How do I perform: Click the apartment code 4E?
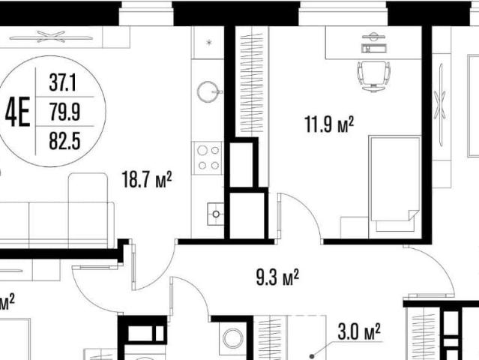[x=18, y=112]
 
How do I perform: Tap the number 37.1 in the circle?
[x=63, y=82]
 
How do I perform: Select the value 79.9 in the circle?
[x=65, y=112]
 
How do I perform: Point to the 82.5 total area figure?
[x=64, y=141]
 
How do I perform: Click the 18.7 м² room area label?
[x=147, y=179]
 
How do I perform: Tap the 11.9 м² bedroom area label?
[x=329, y=124]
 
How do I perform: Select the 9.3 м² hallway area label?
[x=277, y=277]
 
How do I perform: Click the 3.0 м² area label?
[x=359, y=331]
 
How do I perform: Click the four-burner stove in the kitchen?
[x=208, y=157]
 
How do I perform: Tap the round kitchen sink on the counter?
[x=208, y=91]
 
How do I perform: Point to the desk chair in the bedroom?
[x=373, y=76]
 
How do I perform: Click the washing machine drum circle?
[x=233, y=338]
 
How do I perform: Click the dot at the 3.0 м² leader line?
[x=312, y=356]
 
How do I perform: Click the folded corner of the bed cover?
[x=413, y=214]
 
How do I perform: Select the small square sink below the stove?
[x=215, y=214]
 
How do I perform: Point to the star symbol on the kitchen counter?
[x=209, y=42]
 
